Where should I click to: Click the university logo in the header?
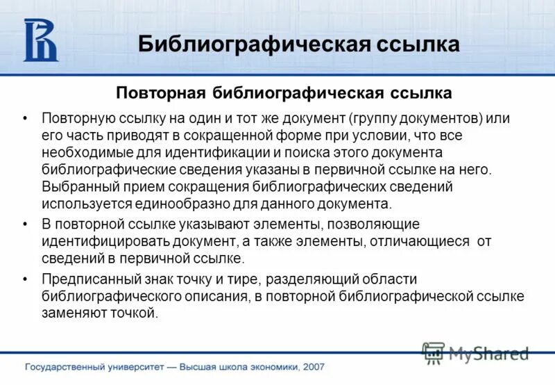click(40, 40)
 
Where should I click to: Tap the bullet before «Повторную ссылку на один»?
click(26, 118)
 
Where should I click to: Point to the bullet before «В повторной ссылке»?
click(26, 224)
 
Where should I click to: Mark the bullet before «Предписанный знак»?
click(26, 280)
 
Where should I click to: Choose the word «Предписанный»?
click(85, 279)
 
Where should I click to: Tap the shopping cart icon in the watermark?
click(434, 353)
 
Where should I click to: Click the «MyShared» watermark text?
click(488, 354)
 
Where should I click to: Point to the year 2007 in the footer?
click(312, 367)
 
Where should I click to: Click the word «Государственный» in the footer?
click(67, 367)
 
